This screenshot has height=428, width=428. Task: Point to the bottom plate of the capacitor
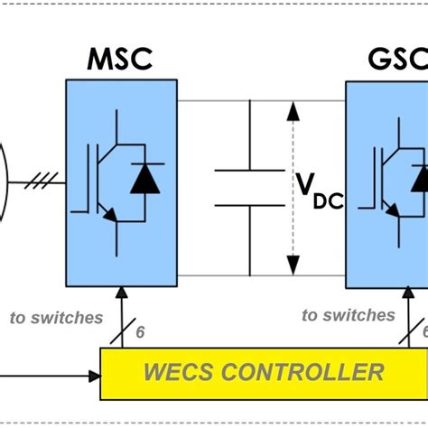click(x=249, y=205)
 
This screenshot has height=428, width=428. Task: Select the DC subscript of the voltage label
click(x=329, y=200)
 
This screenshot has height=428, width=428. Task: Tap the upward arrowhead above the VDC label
click(x=293, y=112)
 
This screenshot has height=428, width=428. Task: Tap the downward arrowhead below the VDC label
click(x=293, y=265)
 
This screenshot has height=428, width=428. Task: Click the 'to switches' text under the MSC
click(x=56, y=317)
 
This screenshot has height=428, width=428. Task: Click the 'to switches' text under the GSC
click(x=349, y=315)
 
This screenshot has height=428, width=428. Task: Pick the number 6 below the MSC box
click(x=140, y=331)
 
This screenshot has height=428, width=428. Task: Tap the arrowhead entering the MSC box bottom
click(x=120, y=292)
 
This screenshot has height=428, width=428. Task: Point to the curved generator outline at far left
click(x=6, y=181)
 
